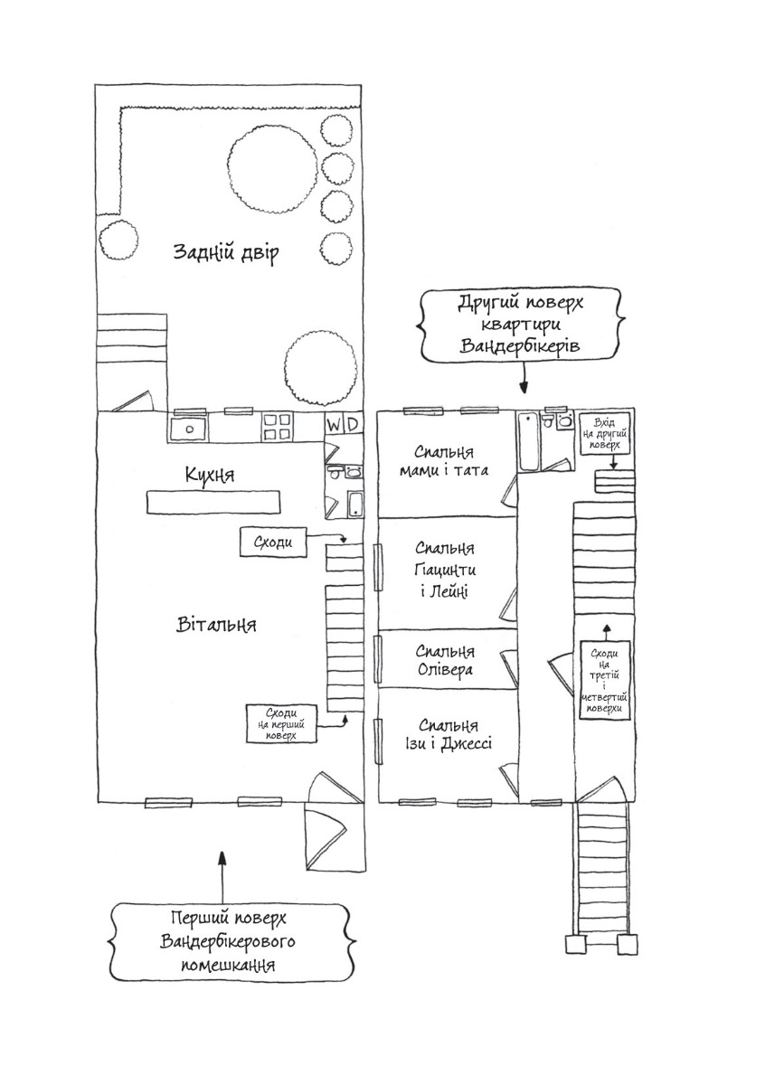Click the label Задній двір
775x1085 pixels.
pos(225,252)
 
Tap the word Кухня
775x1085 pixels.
pos(213,475)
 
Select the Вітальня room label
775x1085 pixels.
pos(216,625)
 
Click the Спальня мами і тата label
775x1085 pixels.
pos(445,461)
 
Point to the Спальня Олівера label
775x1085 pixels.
pos(444,661)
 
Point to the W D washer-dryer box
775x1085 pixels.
pos(344,423)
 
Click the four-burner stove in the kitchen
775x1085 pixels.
pos(277,427)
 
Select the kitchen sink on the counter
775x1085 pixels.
pos(190,428)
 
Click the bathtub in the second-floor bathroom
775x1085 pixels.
pos(529,442)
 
